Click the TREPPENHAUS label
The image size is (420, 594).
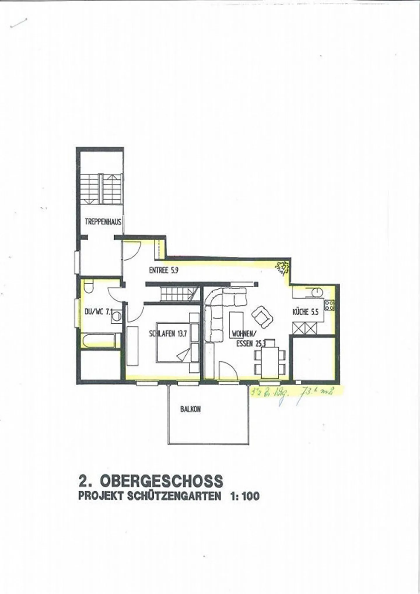(x=103, y=222)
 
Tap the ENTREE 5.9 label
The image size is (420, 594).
(x=163, y=270)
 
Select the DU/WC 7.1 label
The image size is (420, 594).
(x=98, y=312)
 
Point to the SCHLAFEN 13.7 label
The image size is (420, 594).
(x=168, y=334)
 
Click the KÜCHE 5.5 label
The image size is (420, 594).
(x=305, y=312)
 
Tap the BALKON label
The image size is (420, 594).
(x=190, y=409)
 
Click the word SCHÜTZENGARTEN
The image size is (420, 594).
(x=174, y=496)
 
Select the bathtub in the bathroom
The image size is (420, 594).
(x=100, y=341)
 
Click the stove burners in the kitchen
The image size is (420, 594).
(x=330, y=305)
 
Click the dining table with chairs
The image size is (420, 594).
(x=270, y=358)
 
